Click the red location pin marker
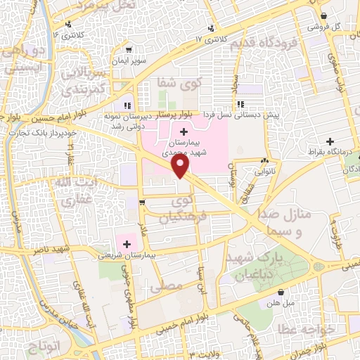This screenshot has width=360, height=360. [x=181, y=165]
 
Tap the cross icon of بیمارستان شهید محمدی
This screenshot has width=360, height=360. [x=184, y=131]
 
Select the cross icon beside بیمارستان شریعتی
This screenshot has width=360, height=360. [x=127, y=243]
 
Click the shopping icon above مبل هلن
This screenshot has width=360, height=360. [x=281, y=291]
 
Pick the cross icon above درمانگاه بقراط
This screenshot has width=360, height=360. [x=349, y=141]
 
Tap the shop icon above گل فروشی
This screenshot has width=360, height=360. [x=323, y=16]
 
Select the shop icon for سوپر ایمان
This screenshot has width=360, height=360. [x=129, y=50]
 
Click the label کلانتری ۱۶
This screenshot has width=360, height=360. [x=70, y=33]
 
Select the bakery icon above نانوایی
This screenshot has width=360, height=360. [x=264, y=160]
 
